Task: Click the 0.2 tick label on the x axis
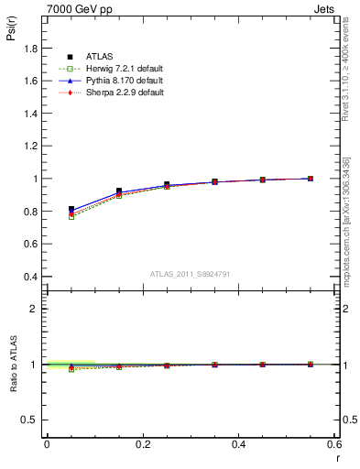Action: tap(143, 444)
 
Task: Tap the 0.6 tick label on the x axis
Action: tap(333, 444)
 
